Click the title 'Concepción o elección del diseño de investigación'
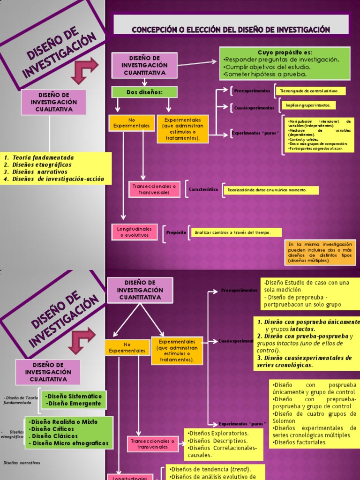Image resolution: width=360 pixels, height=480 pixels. (x=231, y=30)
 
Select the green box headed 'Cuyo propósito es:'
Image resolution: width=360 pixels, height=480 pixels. (x=285, y=63)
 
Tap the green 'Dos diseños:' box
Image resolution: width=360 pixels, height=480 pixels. (x=138, y=92)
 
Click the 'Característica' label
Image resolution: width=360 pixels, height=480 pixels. (x=203, y=189)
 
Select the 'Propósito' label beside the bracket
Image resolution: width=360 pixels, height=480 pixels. (x=176, y=232)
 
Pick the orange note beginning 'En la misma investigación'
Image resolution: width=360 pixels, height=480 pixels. (x=320, y=252)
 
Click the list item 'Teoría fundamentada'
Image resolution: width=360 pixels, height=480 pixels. (x=43, y=157)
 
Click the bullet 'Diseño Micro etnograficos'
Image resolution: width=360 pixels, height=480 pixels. (x=70, y=443)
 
